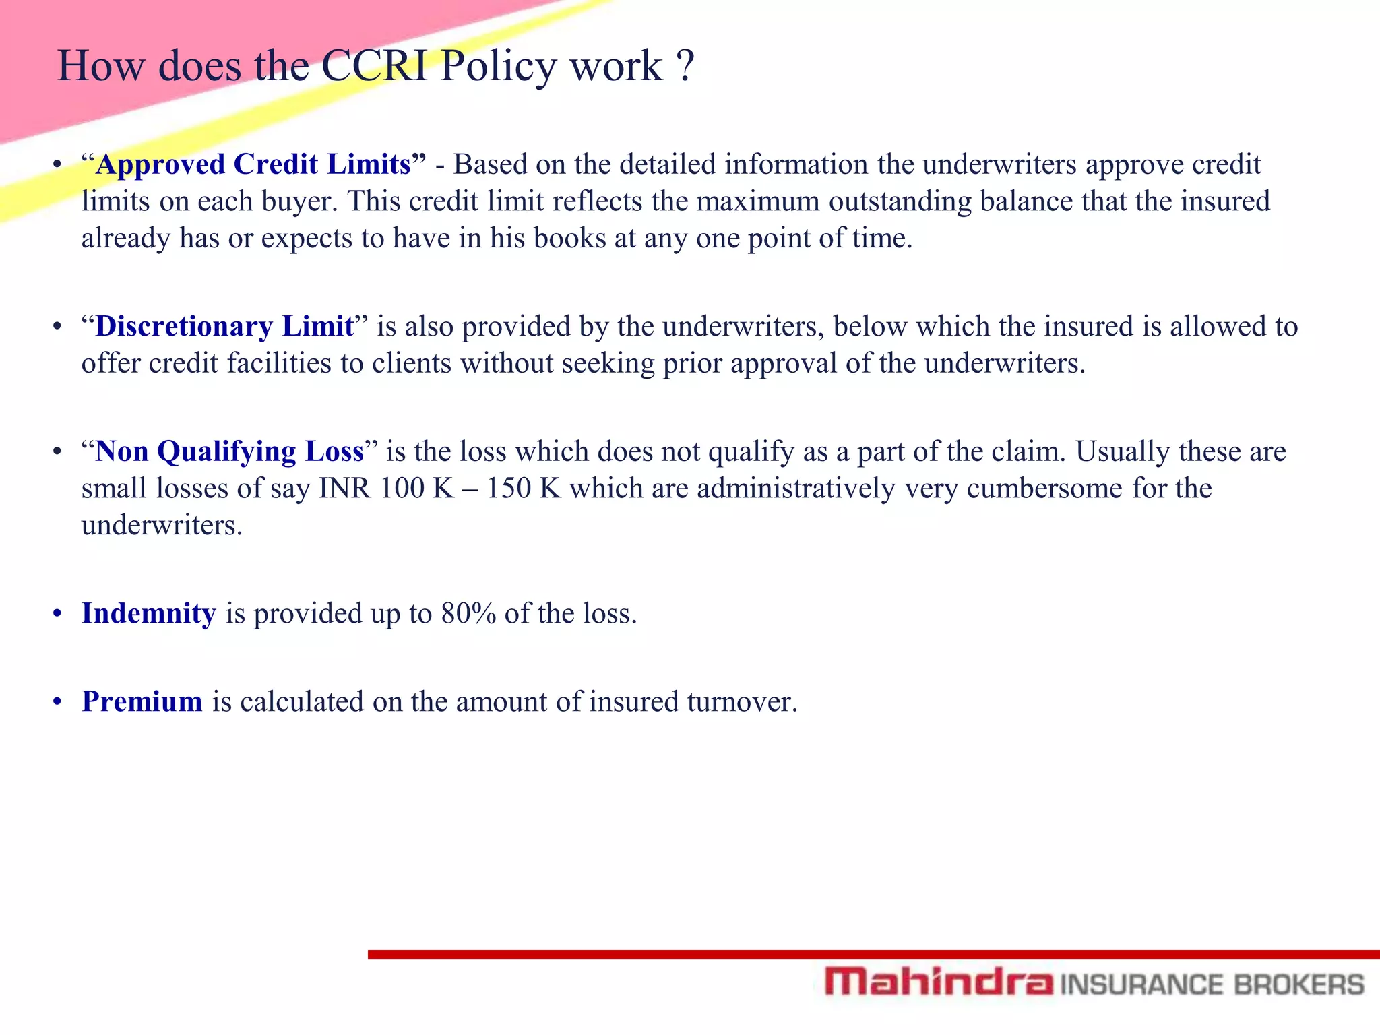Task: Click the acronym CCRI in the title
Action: (x=374, y=66)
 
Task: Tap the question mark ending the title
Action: (x=684, y=66)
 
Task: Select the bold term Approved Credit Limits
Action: (x=253, y=164)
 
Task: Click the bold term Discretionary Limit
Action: (x=224, y=326)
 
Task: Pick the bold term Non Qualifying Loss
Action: (x=229, y=451)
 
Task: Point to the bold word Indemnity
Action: (x=148, y=613)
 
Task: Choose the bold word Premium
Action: (x=142, y=701)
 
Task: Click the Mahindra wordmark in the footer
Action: (x=938, y=982)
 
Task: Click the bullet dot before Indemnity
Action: (x=58, y=613)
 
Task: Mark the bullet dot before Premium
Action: (x=58, y=701)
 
